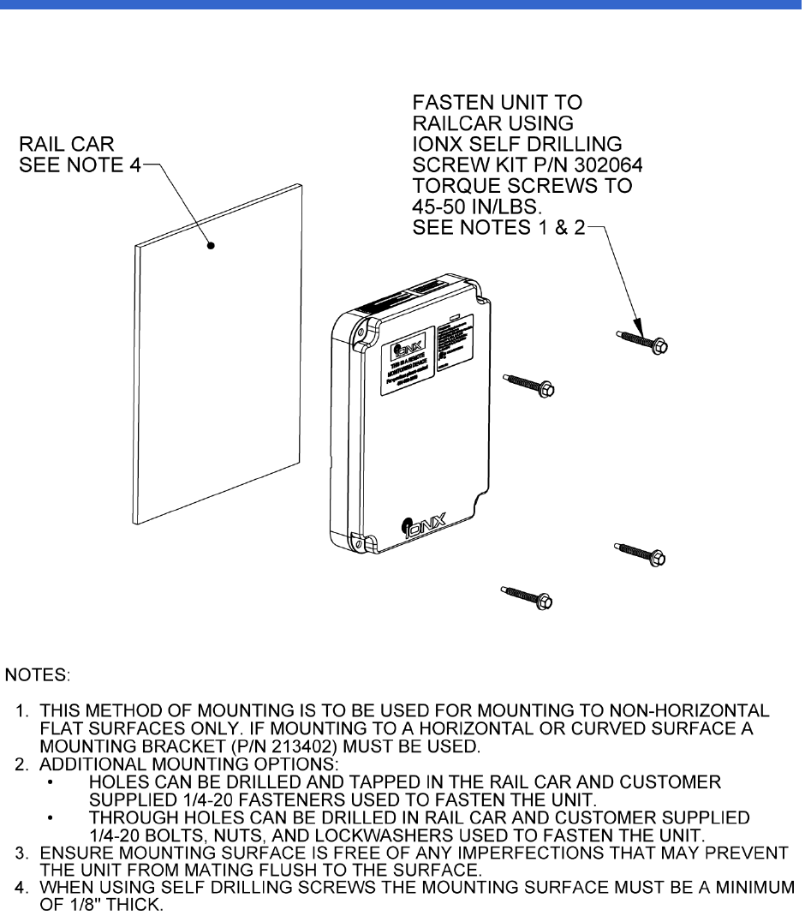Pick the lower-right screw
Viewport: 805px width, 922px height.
[641, 554]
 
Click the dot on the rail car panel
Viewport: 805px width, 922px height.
[211, 246]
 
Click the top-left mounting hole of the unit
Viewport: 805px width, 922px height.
[361, 329]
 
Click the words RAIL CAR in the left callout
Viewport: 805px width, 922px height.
[66, 143]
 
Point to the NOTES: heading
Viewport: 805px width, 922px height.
[39, 676]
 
